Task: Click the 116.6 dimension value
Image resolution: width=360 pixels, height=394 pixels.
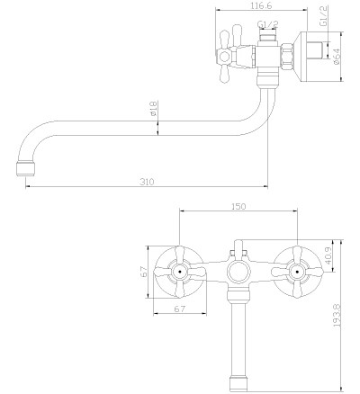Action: tap(261, 5)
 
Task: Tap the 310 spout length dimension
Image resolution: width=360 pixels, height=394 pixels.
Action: tap(147, 182)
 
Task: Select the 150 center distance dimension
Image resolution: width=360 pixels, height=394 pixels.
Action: tap(238, 206)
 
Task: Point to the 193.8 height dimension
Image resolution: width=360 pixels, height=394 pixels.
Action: tap(337, 315)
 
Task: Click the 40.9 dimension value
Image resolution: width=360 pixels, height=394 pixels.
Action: tap(328, 255)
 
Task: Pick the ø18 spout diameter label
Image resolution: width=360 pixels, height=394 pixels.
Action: tap(153, 108)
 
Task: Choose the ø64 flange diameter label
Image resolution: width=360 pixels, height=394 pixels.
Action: tap(337, 57)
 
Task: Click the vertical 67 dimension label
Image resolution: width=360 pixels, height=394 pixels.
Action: tap(145, 272)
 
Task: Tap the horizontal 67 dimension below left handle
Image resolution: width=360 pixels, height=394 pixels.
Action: tap(180, 309)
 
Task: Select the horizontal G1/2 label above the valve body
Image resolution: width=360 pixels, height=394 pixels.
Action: tap(268, 24)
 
